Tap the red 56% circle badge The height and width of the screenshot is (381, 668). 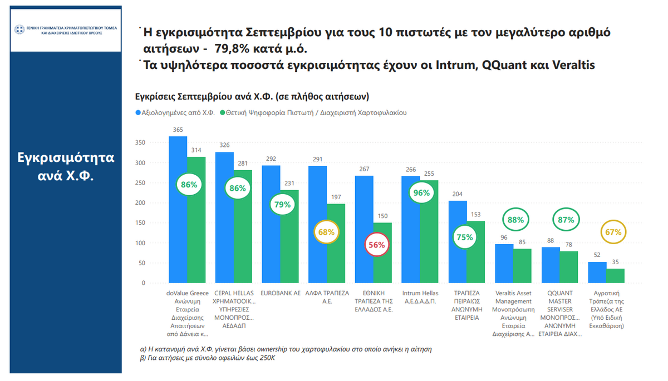tap(376, 245)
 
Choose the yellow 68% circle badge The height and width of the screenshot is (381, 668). tap(326, 232)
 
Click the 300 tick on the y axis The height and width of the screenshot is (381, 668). tap(140, 163)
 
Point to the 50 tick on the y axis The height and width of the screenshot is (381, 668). tap(141, 263)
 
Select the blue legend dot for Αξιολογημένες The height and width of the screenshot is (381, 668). tap(138, 113)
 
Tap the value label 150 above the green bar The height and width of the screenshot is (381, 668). tap(382, 216)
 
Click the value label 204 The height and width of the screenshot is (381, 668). tap(458, 194)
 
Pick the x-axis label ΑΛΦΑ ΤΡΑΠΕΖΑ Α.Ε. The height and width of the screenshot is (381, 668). tap(327, 297)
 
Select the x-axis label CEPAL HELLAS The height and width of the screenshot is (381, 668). tap(234, 293)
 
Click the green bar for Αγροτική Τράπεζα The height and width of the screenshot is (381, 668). tap(615, 276)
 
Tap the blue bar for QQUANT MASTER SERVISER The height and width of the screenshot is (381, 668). tap(551, 265)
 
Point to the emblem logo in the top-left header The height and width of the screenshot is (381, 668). tap(19, 29)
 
